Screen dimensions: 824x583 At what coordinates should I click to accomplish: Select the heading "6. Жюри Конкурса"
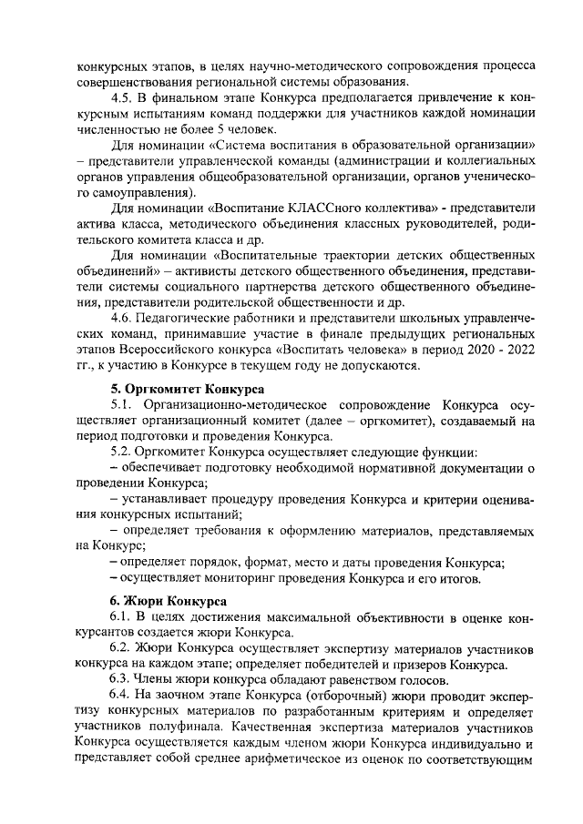point(162,601)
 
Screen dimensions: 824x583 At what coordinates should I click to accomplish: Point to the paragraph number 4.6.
point(121,318)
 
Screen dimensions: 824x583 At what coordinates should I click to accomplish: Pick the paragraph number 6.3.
point(121,680)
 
